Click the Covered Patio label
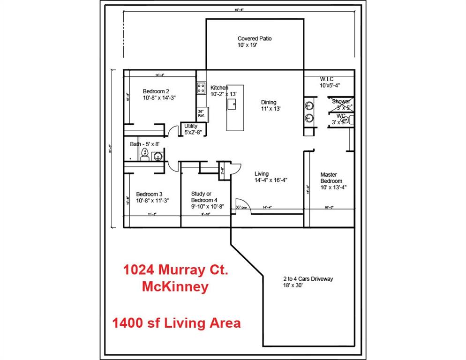point(254,42)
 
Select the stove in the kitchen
point(201,88)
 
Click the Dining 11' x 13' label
point(271,105)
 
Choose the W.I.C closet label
point(330,82)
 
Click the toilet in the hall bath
point(145,154)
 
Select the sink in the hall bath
point(158,156)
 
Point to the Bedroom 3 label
point(152,197)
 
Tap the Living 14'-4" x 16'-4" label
point(271,177)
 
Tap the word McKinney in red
point(175,287)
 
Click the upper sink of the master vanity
point(309,105)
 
